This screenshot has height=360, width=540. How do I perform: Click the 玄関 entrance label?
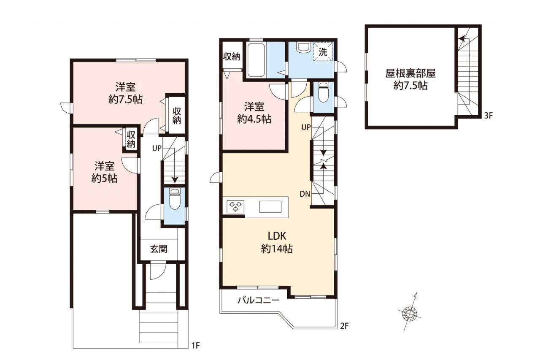pyautogui.click(x=159, y=249)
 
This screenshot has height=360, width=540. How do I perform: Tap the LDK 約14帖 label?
pyautogui.click(x=277, y=242)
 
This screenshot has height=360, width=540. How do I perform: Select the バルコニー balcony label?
pyautogui.click(x=259, y=300)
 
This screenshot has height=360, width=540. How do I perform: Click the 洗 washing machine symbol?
pyautogui.click(x=323, y=52)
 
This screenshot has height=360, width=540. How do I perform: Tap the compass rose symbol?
pyautogui.click(x=410, y=314)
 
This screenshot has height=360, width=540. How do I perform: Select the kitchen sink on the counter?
pyautogui.click(x=270, y=207)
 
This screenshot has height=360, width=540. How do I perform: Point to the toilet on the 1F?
pyautogui.click(x=175, y=199)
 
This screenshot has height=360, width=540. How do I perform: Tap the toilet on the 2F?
pyautogui.click(x=324, y=92)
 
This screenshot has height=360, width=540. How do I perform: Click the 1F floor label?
pyautogui.click(x=195, y=346)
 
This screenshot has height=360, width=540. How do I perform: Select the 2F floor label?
pyautogui.click(x=344, y=326)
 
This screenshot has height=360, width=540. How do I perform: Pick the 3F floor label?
pyautogui.click(x=489, y=116)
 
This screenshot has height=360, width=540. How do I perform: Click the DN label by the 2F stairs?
pyautogui.click(x=305, y=194)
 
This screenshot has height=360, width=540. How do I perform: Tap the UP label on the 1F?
pyautogui.click(x=157, y=148)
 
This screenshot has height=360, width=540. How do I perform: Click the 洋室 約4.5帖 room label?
pyautogui.click(x=254, y=113)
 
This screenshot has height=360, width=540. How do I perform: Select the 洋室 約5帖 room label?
pyautogui.click(x=104, y=173)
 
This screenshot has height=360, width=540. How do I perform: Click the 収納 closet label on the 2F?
pyautogui.click(x=232, y=57)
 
